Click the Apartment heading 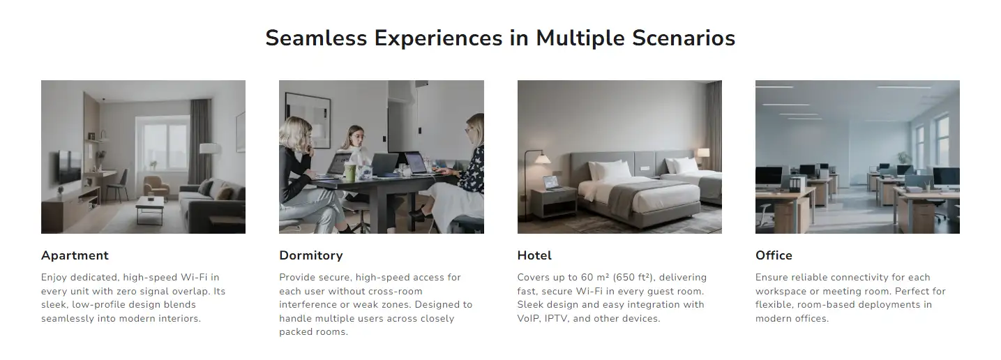tap(75, 255)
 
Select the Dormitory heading tap(311, 255)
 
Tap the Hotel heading tap(534, 255)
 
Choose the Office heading tap(774, 255)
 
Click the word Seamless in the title tap(316, 38)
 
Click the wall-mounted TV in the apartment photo tap(69, 166)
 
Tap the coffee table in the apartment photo tap(150, 209)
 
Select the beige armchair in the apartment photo tap(156, 186)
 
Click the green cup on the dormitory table tap(349, 172)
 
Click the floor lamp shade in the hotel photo tap(542, 159)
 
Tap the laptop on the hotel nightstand tap(552, 183)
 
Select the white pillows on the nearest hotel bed tap(610, 170)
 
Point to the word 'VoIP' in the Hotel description tap(528, 318)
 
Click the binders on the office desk tap(797, 184)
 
